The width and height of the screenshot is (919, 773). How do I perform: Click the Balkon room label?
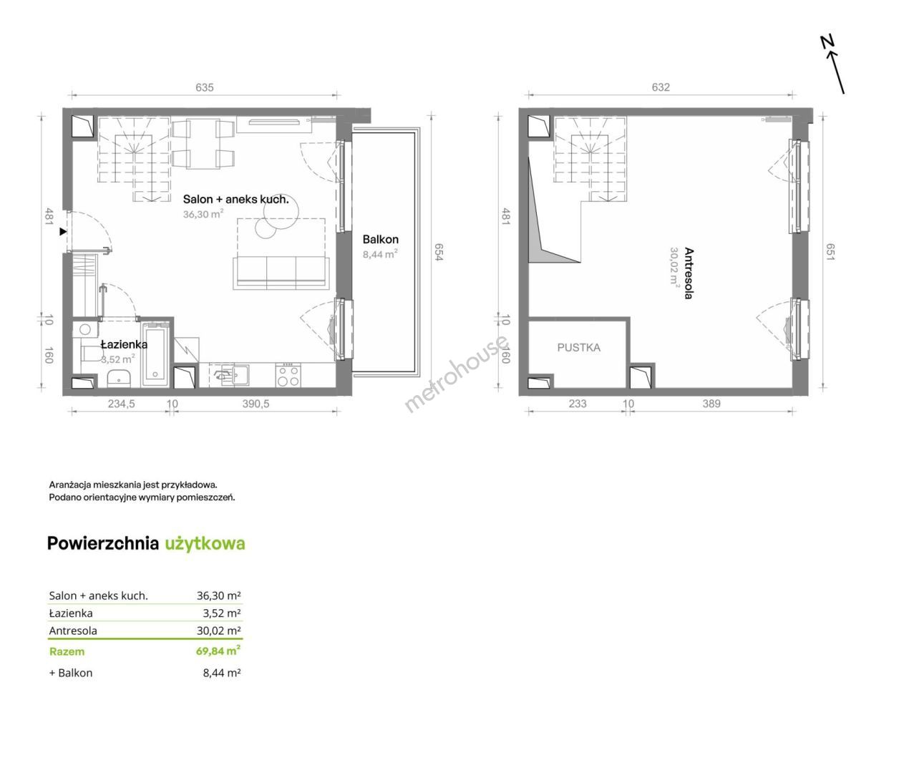[x=380, y=240]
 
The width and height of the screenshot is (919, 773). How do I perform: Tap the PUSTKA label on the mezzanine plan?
[x=579, y=348]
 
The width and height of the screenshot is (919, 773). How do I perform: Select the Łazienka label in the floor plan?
[x=124, y=344]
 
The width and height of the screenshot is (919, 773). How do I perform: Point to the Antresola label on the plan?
[x=689, y=273]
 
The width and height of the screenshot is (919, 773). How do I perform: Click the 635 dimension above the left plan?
[x=205, y=87]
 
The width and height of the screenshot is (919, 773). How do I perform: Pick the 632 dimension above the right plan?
[x=661, y=87]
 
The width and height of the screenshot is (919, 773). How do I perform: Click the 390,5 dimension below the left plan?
[x=256, y=404]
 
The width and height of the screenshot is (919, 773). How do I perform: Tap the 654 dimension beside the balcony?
[x=439, y=252]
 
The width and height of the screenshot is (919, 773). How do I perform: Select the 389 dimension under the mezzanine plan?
[x=711, y=404]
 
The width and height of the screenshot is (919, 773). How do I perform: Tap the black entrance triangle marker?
[x=64, y=232]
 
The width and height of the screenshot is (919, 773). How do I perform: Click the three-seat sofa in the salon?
[x=281, y=273]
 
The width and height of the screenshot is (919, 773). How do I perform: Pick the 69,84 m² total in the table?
[x=218, y=651]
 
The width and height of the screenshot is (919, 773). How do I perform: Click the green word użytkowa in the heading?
[x=205, y=544]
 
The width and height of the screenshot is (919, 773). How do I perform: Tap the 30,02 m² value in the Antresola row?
[x=219, y=631]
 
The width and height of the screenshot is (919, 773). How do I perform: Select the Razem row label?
[x=67, y=651]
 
